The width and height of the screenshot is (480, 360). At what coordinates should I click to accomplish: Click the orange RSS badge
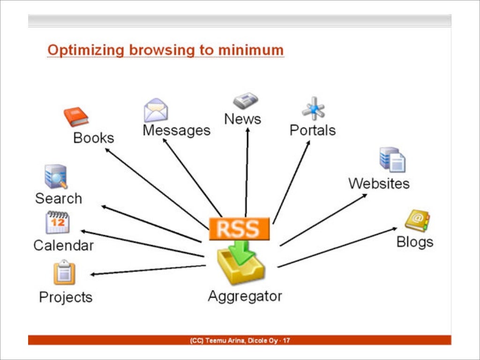239,229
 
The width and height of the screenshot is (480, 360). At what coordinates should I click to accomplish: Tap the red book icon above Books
76,117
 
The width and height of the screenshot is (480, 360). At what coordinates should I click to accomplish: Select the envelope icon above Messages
156,111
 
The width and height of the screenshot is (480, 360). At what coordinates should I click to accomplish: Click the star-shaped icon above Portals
313,109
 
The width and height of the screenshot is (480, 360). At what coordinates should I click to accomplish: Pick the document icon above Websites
392,160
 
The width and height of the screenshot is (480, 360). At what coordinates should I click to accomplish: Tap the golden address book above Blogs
417,221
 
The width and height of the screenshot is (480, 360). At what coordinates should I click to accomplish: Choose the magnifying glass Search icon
56,177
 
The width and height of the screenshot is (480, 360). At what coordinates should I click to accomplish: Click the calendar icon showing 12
57,223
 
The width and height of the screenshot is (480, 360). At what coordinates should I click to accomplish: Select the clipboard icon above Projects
64,273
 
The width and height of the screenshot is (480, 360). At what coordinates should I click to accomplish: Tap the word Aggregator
245,296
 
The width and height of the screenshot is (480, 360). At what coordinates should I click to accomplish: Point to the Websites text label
379,183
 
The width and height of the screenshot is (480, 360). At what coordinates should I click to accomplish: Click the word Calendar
63,245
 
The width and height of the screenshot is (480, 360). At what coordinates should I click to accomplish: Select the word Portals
313,130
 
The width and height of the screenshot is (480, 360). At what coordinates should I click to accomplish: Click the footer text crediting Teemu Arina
240,340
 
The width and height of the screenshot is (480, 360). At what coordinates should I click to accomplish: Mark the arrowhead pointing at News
247,129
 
